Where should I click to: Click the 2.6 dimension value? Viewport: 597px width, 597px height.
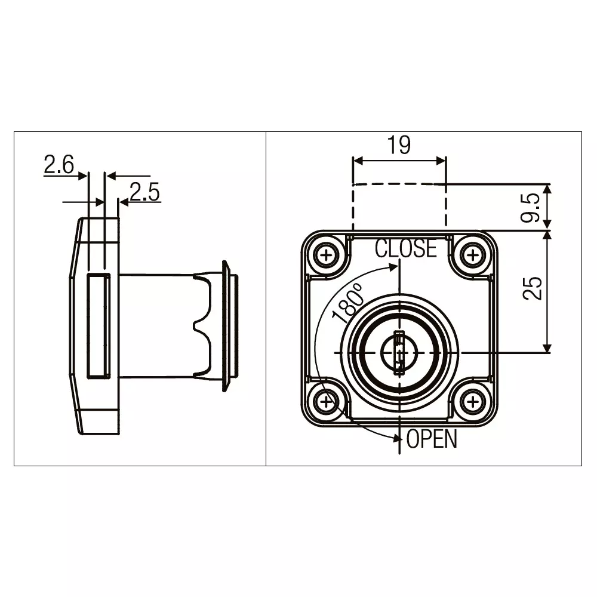59,164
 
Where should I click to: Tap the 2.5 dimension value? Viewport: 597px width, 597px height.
144,192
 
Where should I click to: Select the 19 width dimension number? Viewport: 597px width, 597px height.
399,145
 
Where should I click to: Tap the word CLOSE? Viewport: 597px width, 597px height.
405,248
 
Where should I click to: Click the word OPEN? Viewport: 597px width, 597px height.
432,439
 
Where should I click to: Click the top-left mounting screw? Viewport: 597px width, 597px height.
327,256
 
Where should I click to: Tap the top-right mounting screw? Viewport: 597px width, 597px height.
473,256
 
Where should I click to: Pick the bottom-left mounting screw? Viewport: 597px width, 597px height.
326,402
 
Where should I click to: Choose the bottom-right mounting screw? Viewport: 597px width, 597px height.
473,402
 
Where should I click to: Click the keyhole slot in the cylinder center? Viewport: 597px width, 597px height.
399,353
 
